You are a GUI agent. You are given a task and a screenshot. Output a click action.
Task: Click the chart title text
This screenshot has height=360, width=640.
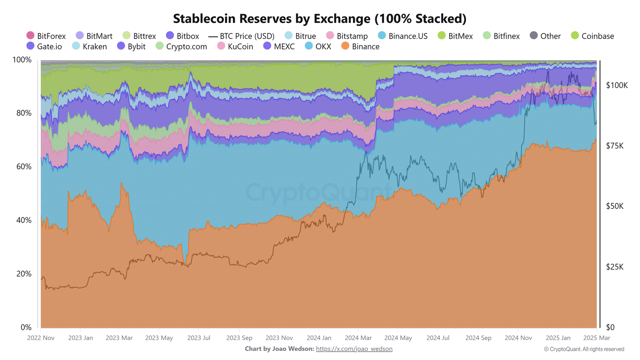tap(320, 18)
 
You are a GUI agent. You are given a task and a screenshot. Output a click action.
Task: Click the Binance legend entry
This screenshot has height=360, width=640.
tap(360, 46)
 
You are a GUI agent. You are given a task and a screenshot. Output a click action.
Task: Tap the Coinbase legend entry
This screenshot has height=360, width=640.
tap(592, 36)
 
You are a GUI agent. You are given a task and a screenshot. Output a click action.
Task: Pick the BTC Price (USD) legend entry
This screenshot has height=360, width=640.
tap(242, 36)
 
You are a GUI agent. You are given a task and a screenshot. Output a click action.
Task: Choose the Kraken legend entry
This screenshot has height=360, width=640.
tap(90, 46)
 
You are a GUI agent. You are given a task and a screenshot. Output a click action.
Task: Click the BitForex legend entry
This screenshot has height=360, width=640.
tap(46, 36)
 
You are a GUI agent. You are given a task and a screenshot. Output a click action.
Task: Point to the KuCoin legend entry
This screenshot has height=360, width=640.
tap(235, 46)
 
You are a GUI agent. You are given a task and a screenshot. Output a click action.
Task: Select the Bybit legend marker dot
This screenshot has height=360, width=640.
tap(121, 46)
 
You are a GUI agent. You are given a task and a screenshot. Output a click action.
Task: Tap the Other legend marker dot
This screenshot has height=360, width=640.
tap(534, 36)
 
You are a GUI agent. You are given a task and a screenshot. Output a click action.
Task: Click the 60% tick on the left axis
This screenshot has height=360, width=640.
tap(24, 166)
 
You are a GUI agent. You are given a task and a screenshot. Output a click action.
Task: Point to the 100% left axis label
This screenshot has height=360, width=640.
tap(22, 60)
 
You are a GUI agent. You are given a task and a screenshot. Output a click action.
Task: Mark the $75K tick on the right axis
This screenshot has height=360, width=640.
tap(615, 146)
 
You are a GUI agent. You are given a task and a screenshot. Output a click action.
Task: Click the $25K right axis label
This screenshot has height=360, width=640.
tap(615, 267)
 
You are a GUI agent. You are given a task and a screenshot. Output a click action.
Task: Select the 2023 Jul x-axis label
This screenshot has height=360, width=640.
tap(199, 338)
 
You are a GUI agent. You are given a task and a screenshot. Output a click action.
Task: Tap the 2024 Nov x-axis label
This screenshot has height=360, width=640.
tap(518, 338)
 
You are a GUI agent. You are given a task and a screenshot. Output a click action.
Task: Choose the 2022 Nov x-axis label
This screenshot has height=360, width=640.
tap(41, 338)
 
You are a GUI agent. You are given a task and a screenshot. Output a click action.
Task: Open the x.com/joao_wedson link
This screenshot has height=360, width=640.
tap(354, 349)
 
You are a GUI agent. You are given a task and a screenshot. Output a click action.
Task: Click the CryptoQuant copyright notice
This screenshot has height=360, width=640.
tap(584, 349)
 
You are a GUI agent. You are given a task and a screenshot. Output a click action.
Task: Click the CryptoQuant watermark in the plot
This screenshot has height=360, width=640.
tap(318, 192)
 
